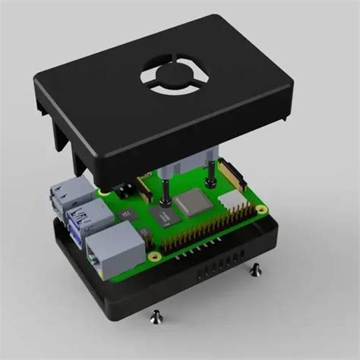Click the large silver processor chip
[x=191, y=204]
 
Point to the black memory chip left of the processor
[x=164, y=216]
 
